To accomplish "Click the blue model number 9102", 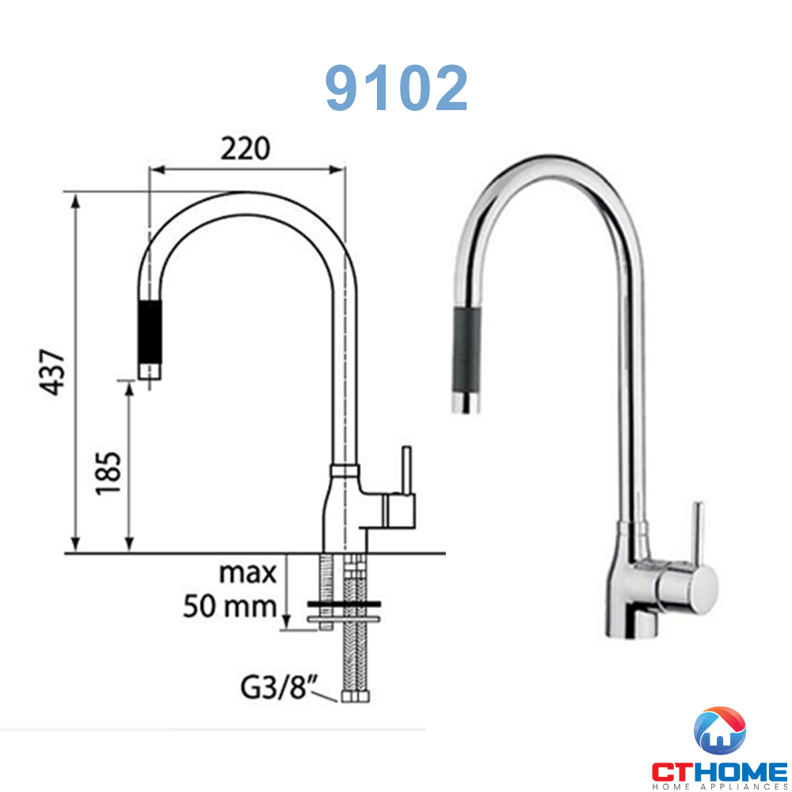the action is click(396, 89).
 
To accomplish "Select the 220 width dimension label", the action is click(246, 149).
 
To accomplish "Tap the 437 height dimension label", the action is click(53, 371).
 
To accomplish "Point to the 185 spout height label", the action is click(109, 473).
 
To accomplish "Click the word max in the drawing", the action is click(247, 573).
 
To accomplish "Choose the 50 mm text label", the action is click(230, 606).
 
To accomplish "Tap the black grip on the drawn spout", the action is click(150, 332).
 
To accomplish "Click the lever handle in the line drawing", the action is click(406, 470).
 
